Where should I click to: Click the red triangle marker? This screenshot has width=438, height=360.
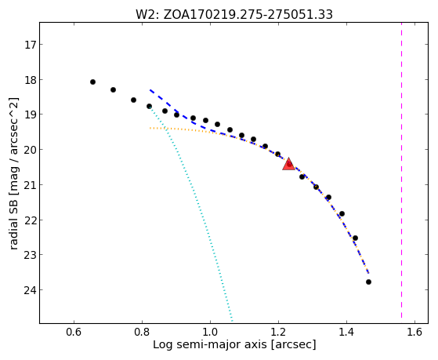tap(288, 165)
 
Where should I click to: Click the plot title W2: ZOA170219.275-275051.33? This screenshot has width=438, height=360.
tap(234, 14)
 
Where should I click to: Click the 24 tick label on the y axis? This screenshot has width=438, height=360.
tap(30, 290)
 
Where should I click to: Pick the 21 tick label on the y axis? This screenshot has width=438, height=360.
tap(30, 185)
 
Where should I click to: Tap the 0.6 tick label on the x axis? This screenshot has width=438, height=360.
tap(74, 332)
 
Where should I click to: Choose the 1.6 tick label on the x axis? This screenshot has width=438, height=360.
tap(414, 332)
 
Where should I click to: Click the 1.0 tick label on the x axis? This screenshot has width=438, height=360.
tap(210, 332)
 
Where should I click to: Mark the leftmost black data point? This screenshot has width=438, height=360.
tap(92, 82)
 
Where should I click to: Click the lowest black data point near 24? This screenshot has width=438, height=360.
tap(369, 282)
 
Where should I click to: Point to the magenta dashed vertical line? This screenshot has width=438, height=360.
tap(402, 170)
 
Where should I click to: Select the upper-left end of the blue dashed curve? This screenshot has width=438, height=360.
tap(150, 90)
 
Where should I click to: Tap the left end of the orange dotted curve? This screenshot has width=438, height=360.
tap(150, 128)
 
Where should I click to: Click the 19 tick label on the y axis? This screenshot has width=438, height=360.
tap(30, 115)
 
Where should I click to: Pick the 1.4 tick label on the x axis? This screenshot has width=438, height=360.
tap(346, 332)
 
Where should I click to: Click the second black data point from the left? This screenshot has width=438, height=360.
tap(113, 89)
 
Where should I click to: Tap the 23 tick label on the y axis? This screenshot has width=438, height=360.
tap(30, 255)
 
